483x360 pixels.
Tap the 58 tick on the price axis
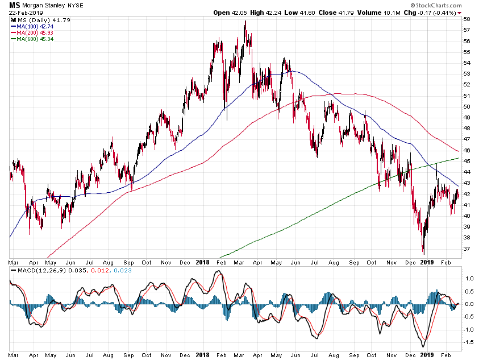click(467, 19)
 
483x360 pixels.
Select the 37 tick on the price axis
click(467, 249)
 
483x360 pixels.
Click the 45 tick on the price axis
click(467, 161)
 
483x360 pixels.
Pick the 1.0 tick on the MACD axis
click(469, 279)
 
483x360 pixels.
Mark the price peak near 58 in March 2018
click(245, 21)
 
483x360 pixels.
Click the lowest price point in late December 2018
click(423, 254)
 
